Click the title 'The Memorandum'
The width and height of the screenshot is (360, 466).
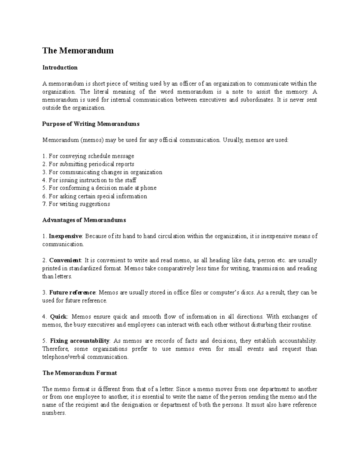click(x=78, y=50)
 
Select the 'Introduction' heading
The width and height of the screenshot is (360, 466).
click(x=60, y=68)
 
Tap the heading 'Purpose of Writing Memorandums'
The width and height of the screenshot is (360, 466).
click(x=91, y=124)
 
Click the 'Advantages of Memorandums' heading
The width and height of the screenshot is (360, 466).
click(x=84, y=220)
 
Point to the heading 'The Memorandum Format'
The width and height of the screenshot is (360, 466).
click(x=79, y=373)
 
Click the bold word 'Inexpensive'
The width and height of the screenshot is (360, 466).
click(x=65, y=236)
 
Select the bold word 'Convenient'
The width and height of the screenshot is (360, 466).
click(x=65, y=260)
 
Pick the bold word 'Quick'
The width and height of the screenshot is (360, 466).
click(x=59, y=317)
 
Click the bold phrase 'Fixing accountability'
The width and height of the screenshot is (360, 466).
click(x=79, y=341)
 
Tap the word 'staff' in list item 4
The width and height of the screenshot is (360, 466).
click(x=130, y=180)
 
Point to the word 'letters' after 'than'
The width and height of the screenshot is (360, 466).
click(x=63, y=276)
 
